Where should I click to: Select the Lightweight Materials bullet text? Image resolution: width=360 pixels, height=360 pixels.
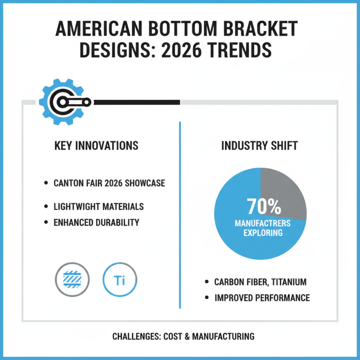(x=99, y=207)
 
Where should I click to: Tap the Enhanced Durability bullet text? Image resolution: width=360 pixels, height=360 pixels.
(x=96, y=222)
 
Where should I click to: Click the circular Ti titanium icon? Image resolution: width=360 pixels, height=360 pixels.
(x=120, y=280)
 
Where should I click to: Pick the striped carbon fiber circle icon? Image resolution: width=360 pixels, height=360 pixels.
(x=72, y=280)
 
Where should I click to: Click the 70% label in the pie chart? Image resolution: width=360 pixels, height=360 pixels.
(x=264, y=207)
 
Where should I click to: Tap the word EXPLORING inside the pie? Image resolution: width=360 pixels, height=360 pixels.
(x=263, y=233)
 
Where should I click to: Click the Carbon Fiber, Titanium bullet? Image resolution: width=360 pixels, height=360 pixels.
(x=260, y=282)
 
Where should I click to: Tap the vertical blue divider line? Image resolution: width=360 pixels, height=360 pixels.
(x=180, y=216)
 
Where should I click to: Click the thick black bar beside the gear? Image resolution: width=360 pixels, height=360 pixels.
(x=135, y=102)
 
